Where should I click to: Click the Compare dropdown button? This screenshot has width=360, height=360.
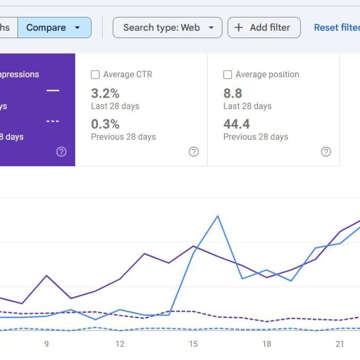pyautogui.click(x=54, y=28)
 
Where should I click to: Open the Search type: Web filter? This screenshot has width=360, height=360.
pyautogui.click(x=167, y=28)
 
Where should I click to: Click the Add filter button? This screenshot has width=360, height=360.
pyautogui.click(x=264, y=28)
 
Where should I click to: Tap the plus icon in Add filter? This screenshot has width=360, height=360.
pyautogui.click(x=238, y=28)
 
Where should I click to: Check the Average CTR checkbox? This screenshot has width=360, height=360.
pyautogui.click(x=95, y=75)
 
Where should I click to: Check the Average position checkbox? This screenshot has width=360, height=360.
pyautogui.click(x=227, y=75)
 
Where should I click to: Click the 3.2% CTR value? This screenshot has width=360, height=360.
pyautogui.click(x=105, y=93)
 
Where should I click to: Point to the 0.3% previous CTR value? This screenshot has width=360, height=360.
pyautogui.click(x=105, y=124)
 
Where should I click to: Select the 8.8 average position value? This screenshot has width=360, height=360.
pyautogui.click(x=233, y=93)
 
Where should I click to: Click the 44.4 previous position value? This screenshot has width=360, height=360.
pyautogui.click(x=236, y=124)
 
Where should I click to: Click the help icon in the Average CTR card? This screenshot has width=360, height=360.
pyautogui.click(x=194, y=152)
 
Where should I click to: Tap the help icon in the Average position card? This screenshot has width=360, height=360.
pyautogui.click(x=326, y=152)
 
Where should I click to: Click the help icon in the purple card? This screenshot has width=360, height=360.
pyautogui.click(x=61, y=152)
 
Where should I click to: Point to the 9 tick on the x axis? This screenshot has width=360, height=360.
pyautogui.click(x=47, y=344)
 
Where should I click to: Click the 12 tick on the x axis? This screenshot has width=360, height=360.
pyautogui.click(x=120, y=344)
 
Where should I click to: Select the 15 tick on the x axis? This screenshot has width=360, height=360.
pyautogui.click(x=193, y=344)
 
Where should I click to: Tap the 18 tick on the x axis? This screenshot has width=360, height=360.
pyautogui.click(x=267, y=344)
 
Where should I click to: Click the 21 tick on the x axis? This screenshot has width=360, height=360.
pyautogui.click(x=340, y=344)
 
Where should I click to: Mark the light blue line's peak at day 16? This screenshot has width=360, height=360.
pyautogui.click(x=217, y=216)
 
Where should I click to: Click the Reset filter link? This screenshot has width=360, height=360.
pyautogui.click(x=336, y=28)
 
